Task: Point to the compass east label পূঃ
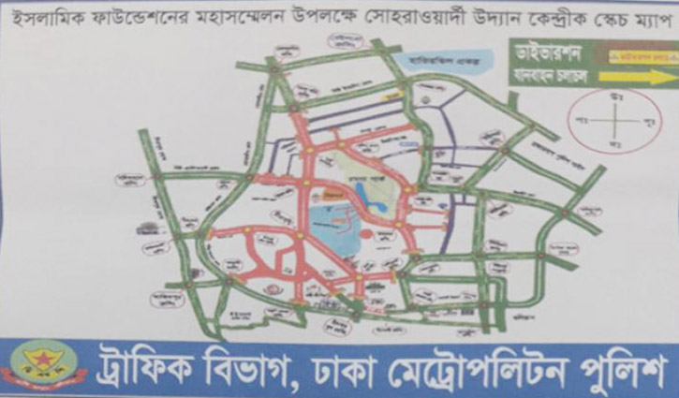645,123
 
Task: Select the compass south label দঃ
615,145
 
